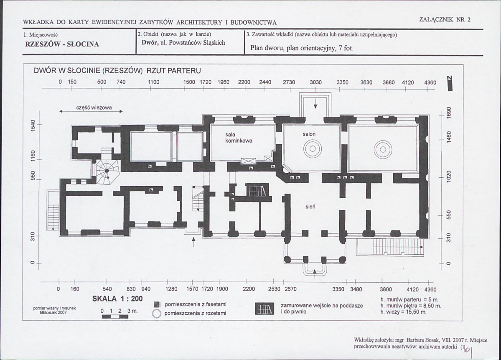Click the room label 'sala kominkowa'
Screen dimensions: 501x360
tap(238, 138)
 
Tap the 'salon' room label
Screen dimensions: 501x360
tap(309, 134)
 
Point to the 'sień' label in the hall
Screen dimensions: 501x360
tap(310, 207)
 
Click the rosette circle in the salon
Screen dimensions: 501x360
tap(313, 149)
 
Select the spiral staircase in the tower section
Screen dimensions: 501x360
tap(107, 172)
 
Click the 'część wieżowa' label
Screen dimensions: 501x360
tap(94, 107)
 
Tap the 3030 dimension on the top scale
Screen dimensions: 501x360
tap(315, 82)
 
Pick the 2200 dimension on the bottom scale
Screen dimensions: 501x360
tap(249, 289)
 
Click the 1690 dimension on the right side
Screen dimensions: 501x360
tap(448, 112)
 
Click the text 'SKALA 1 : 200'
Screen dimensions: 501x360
tap(117, 299)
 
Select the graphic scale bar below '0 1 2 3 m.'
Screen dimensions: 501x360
tap(115, 317)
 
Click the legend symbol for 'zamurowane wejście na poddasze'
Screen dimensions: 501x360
tap(264, 309)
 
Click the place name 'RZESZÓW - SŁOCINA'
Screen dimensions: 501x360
tap(62, 44)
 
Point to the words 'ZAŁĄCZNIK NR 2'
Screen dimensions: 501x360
tap(445, 20)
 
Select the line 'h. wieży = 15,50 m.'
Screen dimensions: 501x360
tap(403, 312)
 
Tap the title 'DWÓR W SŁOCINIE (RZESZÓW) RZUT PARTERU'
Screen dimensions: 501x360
tap(117, 71)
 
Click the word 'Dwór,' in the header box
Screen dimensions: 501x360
tap(149, 43)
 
